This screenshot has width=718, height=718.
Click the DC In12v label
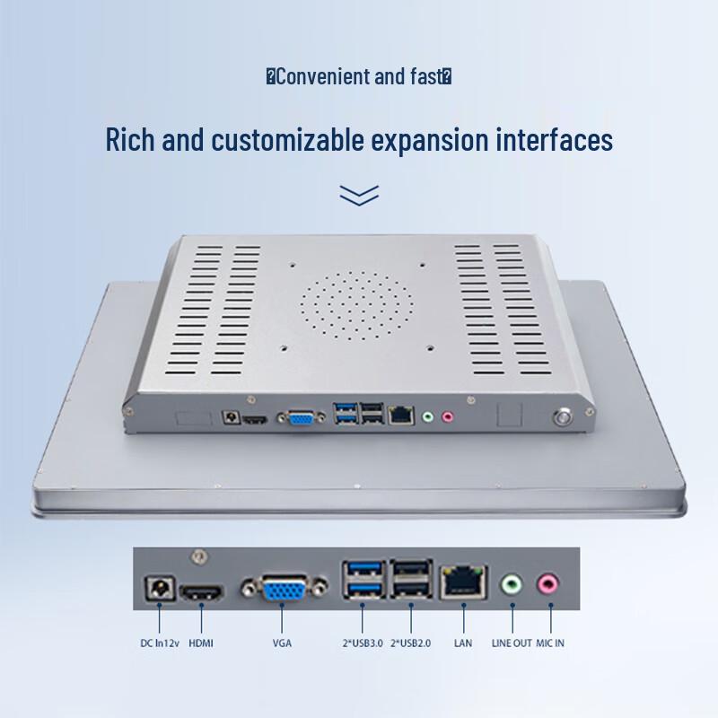tap(160, 643)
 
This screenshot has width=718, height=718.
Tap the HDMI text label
tap(201, 643)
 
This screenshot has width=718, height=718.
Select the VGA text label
tap(282, 643)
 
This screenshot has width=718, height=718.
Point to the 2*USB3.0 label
tap(363, 643)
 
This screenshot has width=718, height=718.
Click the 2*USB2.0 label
tap(411, 643)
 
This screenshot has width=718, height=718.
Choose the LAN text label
tap(463, 643)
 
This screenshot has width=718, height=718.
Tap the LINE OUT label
tap(512, 643)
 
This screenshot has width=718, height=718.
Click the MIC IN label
tap(550, 643)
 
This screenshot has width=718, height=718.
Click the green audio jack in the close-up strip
tap(512, 584)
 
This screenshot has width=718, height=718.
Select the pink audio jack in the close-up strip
tap(547, 584)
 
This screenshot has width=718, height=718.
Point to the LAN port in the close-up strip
tap(463, 582)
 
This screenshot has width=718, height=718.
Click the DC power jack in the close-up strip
tap(160, 588)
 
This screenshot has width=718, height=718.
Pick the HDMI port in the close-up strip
tap(202, 592)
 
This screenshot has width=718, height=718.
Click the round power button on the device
tap(562, 417)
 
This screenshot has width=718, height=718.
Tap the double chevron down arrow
tap(359, 196)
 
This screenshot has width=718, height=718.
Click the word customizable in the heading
tap(287, 140)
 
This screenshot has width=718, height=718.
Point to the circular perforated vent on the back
tap(356, 305)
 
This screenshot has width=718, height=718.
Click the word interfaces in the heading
tap(554, 140)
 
